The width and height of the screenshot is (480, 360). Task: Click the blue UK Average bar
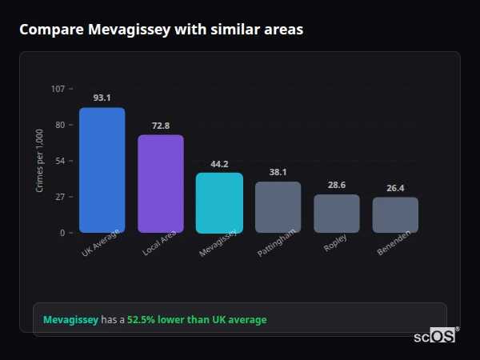point(102,170)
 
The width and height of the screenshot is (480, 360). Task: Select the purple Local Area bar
point(161,184)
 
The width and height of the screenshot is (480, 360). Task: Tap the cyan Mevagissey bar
point(219,203)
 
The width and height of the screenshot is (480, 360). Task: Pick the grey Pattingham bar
point(278,207)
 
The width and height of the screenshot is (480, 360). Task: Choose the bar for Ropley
point(337,214)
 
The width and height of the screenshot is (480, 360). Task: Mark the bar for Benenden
point(395,215)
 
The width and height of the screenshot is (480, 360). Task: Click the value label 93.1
point(102,98)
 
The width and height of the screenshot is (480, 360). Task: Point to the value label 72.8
point(161,126)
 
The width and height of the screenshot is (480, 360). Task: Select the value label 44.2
point(219,164)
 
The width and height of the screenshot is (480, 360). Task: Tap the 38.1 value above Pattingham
point(278,172)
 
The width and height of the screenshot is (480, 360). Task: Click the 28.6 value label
point(337,185)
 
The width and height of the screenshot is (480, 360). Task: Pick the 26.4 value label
point(395,188)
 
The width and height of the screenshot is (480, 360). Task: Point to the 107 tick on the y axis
point(58,89)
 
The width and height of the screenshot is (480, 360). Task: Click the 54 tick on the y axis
point(60,161)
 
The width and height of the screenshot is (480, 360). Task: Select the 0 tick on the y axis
point(62,233)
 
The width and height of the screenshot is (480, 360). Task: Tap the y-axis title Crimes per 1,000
point(39,161)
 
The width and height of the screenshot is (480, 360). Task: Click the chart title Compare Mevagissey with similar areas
point(161,30)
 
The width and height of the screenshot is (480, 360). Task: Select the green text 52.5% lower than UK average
point(197,320)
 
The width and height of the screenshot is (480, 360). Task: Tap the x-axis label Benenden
point(394,244)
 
